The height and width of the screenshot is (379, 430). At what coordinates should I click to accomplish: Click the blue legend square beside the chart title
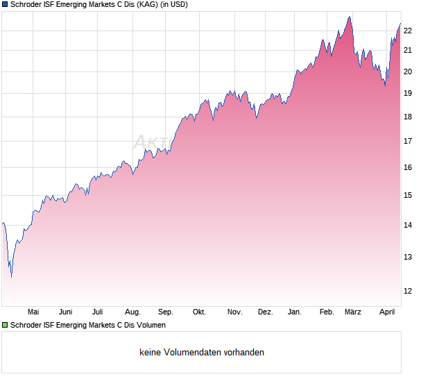(x=6, y=4)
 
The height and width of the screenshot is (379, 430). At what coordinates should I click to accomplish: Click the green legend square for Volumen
(x=6, y=325)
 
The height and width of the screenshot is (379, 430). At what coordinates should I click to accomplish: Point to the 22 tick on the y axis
(x=408, y=31)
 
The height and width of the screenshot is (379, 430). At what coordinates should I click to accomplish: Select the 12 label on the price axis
(x=408, y=291)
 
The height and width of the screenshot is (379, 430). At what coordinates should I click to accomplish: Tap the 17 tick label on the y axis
(x=408, y=142)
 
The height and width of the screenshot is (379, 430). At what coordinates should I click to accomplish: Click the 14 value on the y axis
(x=408, y=225)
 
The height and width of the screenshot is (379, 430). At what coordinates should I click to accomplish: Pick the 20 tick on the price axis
(x=408, y=71)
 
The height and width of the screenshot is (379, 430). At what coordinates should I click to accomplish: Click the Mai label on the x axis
(x=33, y=312)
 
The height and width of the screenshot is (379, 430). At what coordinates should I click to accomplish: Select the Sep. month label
(x=166, y=312)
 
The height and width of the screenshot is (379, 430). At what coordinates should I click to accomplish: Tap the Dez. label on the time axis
(x=265, y=312)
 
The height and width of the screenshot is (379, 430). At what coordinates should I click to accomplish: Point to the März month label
(x=354, y=312)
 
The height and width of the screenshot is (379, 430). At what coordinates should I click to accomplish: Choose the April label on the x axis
(x=387, y=312)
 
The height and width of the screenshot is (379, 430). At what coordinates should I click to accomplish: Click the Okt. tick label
(x=199, y=312)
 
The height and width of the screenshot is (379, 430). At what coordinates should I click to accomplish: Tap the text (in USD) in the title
(x=170, y=4)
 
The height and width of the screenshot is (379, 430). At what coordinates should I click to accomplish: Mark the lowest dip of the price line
(x=11, y=276)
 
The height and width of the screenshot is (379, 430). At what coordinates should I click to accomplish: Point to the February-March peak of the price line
(x=350, y=17)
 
